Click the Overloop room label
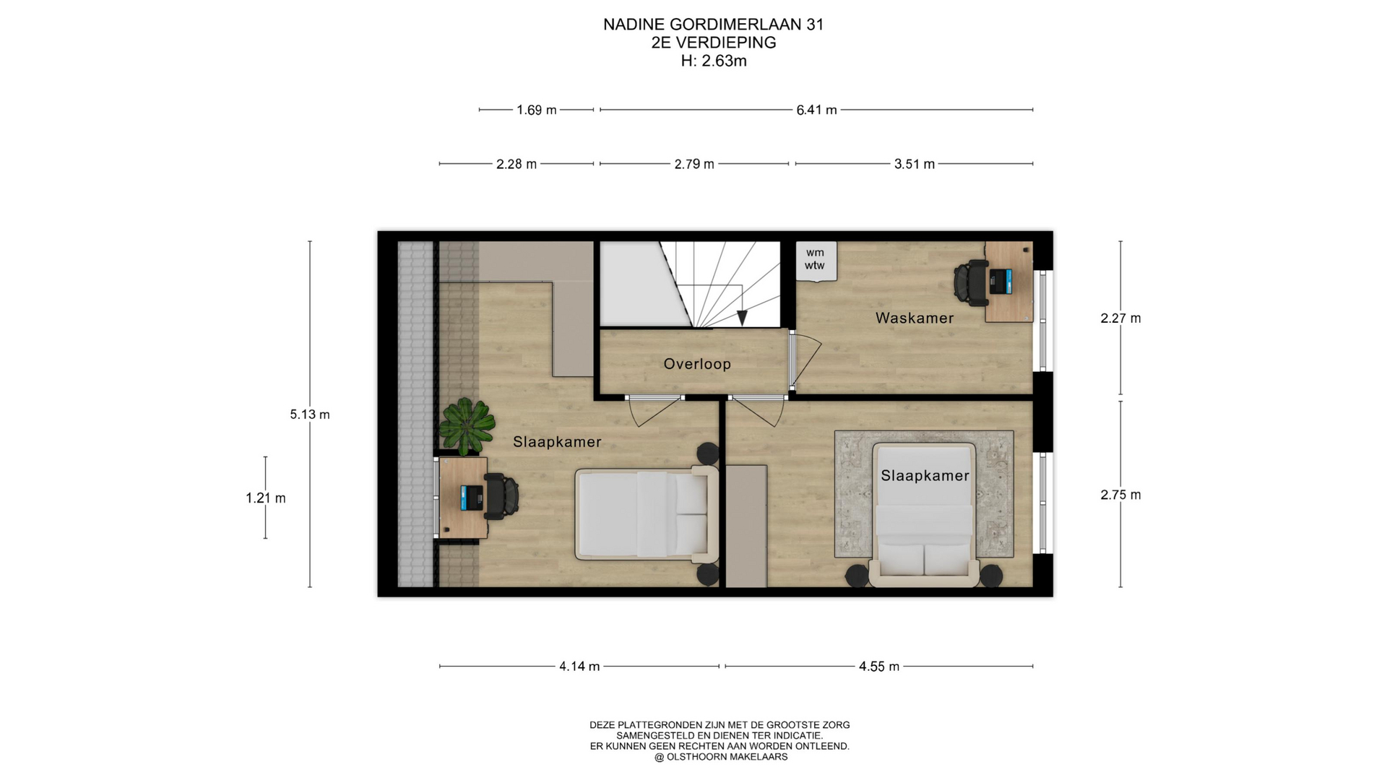click(697, 364)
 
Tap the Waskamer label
click(915, 318)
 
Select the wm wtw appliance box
click(816, 261)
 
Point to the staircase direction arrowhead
click(741, 318)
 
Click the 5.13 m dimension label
click(310, 415)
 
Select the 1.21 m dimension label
click(266, 498)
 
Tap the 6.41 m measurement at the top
click(816, 110)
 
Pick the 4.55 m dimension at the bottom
click(879, 667)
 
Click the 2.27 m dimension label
click(1120, 318)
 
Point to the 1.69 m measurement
click(537, 110)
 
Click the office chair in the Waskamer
click(971, 282)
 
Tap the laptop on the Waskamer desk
click(1001, 281)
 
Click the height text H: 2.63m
click(714, 61)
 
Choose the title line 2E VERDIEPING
click(714, 43)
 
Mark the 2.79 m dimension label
click(694, 164)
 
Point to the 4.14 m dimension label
click(579, 667)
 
